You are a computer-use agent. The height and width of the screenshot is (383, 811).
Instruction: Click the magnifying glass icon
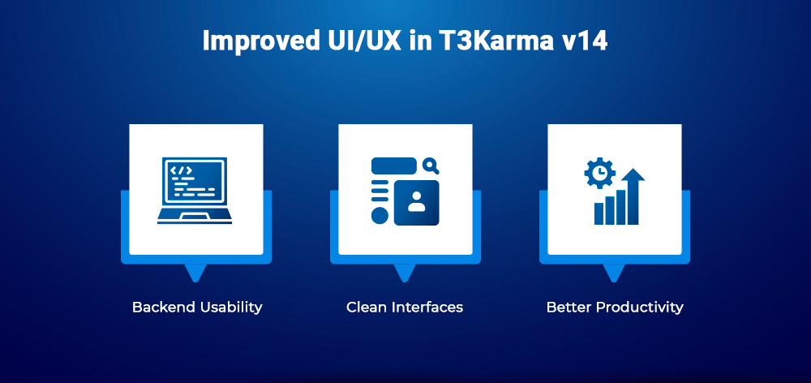(431, 166)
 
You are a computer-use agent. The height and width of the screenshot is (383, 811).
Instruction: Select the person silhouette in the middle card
(417, 201)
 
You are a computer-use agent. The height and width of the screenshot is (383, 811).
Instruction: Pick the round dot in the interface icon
(379, 215)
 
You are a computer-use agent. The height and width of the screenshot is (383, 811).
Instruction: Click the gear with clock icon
(600, 173)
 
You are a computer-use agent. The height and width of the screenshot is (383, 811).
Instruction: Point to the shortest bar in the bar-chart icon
(599, 213)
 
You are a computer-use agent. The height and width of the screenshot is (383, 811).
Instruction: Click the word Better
(568, 308)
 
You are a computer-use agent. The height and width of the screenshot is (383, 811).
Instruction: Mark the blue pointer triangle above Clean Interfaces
(405, 273)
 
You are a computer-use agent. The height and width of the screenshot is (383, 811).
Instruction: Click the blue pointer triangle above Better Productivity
(614, 273)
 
